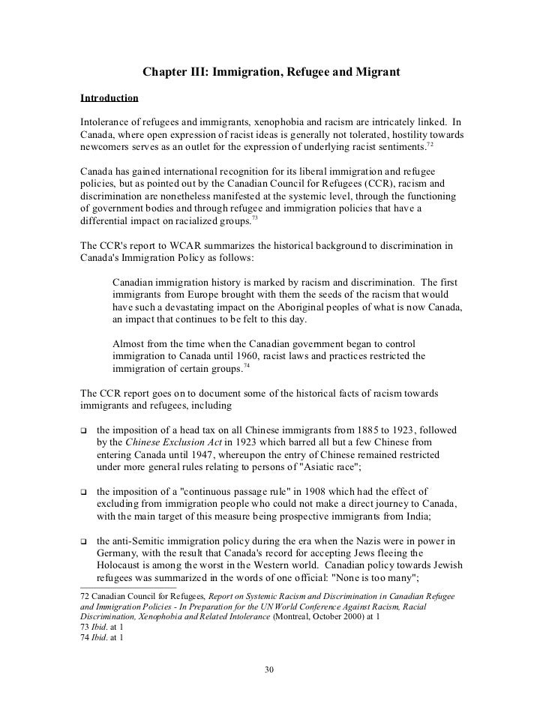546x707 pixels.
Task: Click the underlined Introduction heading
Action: tap(109, 98)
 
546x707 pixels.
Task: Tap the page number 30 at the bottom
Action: tap(272, 669)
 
